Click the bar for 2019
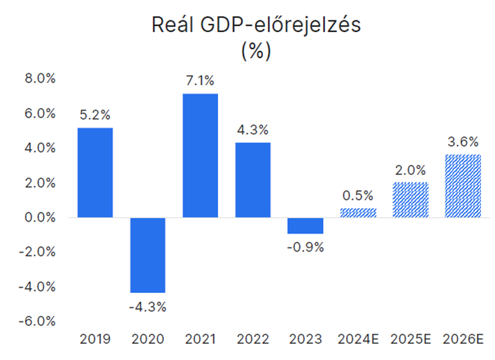tap(95, 173)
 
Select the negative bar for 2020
tap(148, 255)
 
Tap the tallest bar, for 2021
tap(200, 156)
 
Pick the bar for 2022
tap(253, 180)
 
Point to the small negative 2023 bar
tap(306, 226)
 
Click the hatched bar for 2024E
tap(358, 213)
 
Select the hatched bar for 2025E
tap(410, 200)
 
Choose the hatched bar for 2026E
tap(463, 186)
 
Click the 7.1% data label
tap(200, 81)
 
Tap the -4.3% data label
tap(148, 307)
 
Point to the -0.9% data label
tap(306, 247)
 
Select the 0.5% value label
tap(358, 196)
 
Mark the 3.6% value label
tap(463, 142)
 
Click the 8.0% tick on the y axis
tap(40, 78)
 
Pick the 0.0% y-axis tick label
tap(40, 217)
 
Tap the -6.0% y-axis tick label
tap(37, 322)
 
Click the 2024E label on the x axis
tap(358, 340)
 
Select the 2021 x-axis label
tap(200, 340)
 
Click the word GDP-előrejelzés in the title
tap(280, 25)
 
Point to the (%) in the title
tap(256, 51)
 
